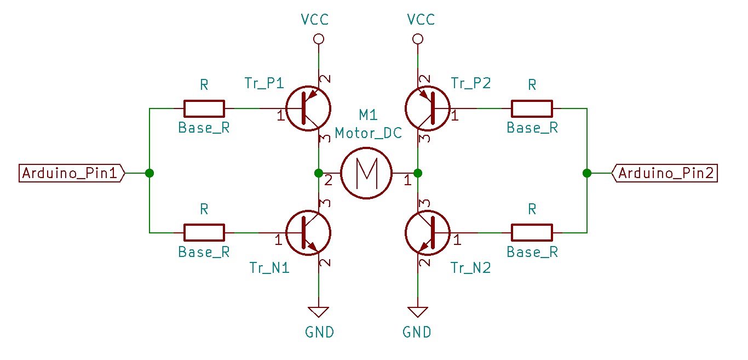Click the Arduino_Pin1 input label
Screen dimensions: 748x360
click(x=72, y=173)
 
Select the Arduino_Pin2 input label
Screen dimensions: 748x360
click(x=665, y=173)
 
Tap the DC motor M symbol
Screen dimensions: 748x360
click(x=366, y=173)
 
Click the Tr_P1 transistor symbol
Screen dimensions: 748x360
click(x=308, y=108)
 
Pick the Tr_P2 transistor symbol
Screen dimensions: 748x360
click(x=428, y=108)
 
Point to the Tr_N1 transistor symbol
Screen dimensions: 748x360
click(x=308, y=233)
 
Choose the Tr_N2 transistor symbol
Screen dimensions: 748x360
click(x=428, y=233)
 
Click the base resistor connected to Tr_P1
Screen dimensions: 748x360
click(x=204, y=108)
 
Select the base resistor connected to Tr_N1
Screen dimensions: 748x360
click(x=204, y=233)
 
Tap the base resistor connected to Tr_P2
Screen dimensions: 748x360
click(x=532, y=108)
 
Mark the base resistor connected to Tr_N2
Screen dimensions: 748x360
click(x=532, y=233)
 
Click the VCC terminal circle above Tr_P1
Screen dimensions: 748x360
click(x=319, y=39)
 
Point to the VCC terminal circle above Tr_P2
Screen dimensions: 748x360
click(x=418, y=39)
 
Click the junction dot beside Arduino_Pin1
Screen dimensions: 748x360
click(x=149, y=173)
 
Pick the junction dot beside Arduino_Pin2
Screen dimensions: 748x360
click(x=587, y=173)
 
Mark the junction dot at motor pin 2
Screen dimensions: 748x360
click(x=319, y=173)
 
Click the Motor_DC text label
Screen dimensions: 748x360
click(x=369, y=133)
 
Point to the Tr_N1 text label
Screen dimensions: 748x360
click(x=269, y=268)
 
